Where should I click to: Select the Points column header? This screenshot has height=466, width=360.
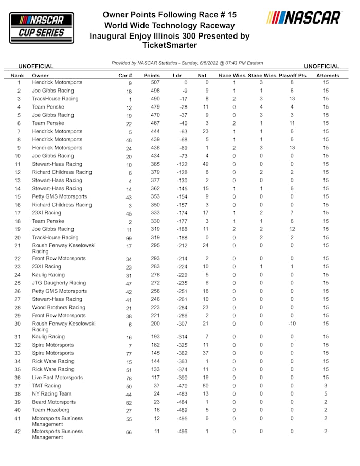point(152,76)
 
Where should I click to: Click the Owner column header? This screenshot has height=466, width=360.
point(40,76)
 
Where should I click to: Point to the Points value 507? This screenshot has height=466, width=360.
point(155,83)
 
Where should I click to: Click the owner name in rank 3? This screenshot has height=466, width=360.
point(55,99)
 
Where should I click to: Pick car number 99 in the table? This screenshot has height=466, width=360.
point(130,238)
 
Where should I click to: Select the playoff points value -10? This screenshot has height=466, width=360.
point(292,324)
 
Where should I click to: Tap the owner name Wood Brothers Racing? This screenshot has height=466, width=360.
point(59,308)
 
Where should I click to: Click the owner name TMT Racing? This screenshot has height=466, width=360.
point(46,386)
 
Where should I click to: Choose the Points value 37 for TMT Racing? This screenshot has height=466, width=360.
point(156,386)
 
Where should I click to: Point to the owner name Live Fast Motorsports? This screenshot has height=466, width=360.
point(57,378)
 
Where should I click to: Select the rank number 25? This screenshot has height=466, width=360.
point(18,283)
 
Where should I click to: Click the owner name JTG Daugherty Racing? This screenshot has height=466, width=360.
point(59,283)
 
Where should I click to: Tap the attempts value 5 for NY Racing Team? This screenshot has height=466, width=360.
point(326,394)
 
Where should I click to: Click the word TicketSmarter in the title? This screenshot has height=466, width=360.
point(169,45)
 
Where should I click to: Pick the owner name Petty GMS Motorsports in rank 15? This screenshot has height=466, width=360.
point(60,196)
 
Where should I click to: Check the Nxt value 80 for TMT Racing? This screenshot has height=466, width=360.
point(206,386)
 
